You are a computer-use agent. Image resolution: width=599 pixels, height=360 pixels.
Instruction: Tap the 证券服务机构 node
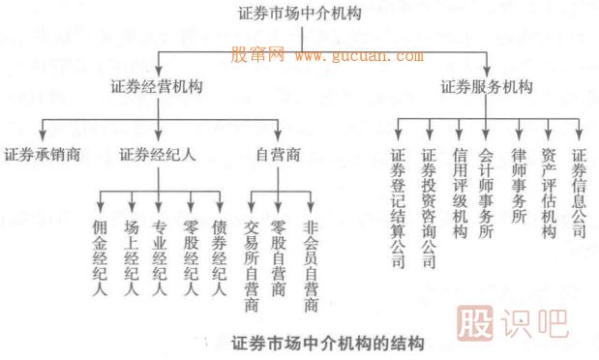pos(487,87)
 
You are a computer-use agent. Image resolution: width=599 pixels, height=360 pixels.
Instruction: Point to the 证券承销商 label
pos(42,154)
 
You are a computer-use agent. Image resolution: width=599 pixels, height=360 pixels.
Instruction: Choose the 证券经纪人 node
pos(159,154)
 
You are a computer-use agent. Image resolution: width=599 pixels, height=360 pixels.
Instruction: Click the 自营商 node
pos(278,154)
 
